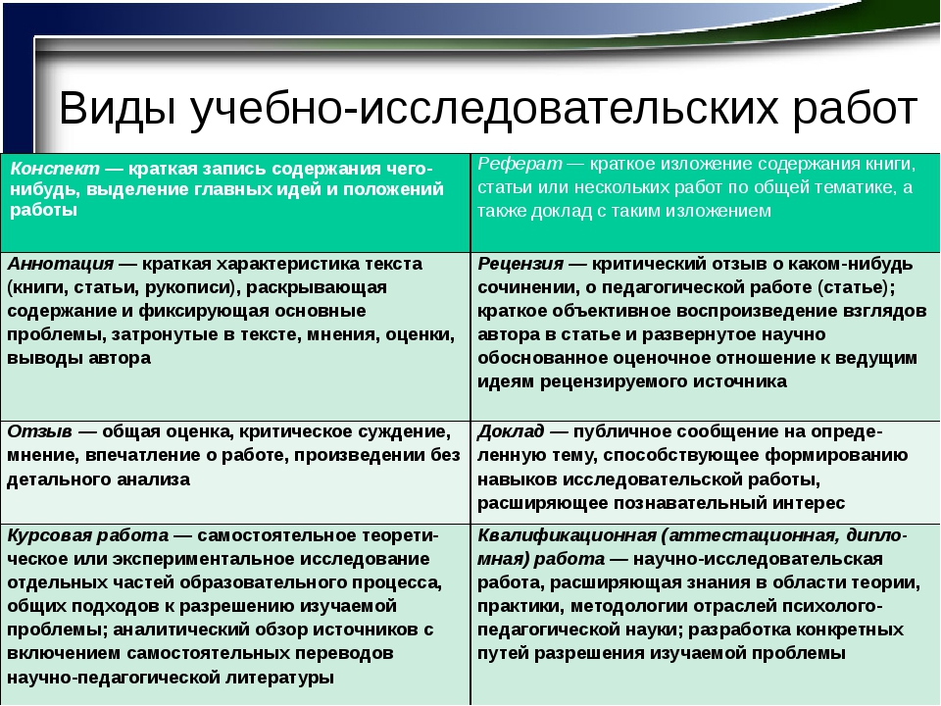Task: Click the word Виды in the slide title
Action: [x=118, y=109]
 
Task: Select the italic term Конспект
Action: [x=55, y=169]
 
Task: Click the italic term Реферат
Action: [x=520, y=164]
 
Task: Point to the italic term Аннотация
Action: [x=60, y=264]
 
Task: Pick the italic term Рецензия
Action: [x=520, y=264]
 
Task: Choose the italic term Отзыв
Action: [x=39, y=431]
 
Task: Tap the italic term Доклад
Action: [x=511, y=431]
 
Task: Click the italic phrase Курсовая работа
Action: [x=87, y=535]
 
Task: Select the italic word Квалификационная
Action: [x=568, y=535]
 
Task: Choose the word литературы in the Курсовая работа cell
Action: [x=279, y=678]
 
